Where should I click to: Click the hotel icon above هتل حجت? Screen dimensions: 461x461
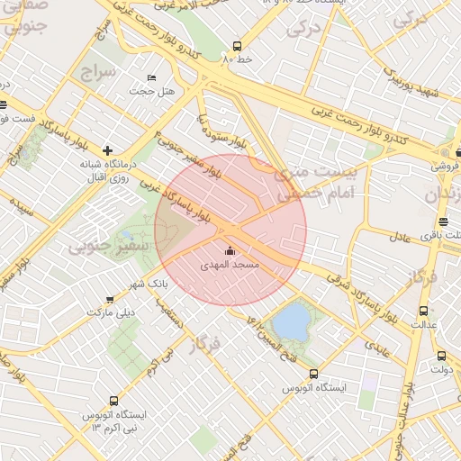point(150,78)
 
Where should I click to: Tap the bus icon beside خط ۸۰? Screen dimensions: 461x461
point(237,45)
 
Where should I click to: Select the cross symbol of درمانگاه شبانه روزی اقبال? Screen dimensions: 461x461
point(108,150)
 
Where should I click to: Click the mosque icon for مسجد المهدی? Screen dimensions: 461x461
point(230,251)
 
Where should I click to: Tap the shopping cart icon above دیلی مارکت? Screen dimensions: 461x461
point(110,299)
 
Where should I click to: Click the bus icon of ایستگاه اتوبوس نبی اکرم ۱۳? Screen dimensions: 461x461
point(113,401)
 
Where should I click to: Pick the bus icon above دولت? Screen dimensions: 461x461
point(441,356)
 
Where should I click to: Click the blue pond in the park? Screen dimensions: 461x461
point(290,321)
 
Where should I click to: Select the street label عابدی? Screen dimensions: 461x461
point(377,339)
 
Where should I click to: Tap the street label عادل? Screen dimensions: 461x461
point(401,237)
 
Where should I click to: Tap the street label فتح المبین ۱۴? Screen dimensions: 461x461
point(264,334)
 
